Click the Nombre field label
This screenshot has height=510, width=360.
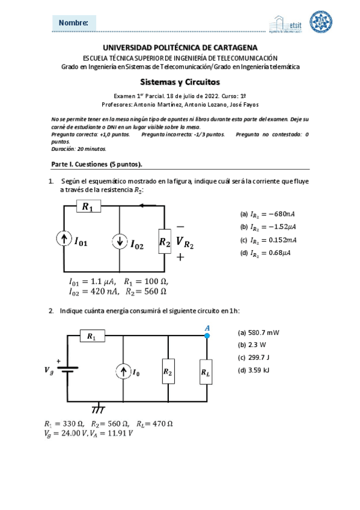point(73,23)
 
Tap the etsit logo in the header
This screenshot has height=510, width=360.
point(286,23)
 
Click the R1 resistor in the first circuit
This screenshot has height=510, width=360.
point(87,207)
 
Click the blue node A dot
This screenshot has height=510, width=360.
point(207,336)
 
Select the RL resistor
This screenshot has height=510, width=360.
point(206,373)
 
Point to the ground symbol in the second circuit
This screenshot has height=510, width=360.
point(98,410)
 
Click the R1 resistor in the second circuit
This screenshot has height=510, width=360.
point(91,336)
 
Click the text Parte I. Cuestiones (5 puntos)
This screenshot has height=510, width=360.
point(96,164)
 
